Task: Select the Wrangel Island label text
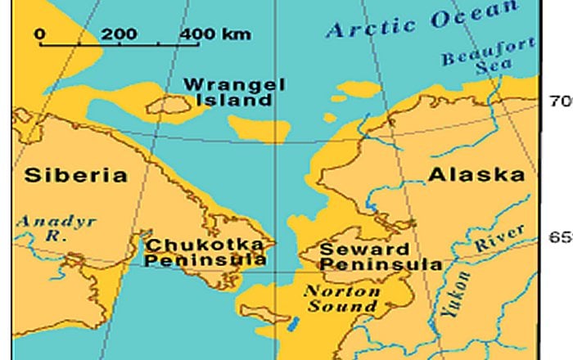[227, 92]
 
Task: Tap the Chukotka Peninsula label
[205, 252]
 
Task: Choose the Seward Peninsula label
[380, 256]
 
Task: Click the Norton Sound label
[341, 299]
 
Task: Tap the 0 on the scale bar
[40, 34]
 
